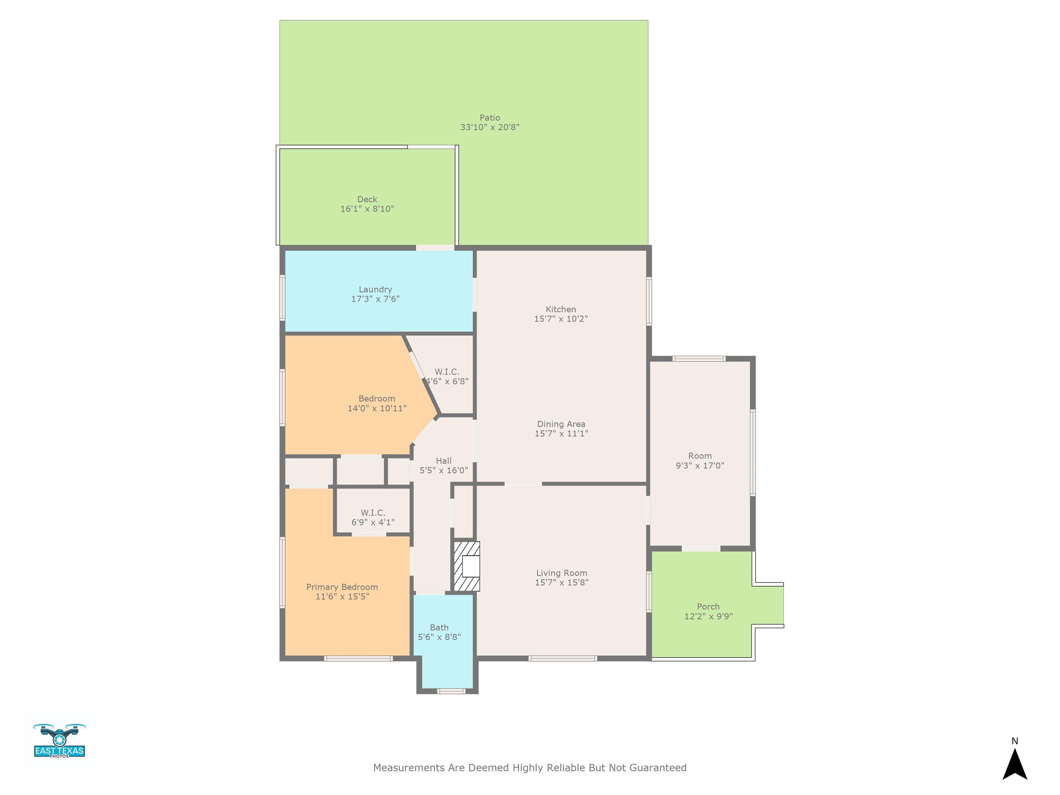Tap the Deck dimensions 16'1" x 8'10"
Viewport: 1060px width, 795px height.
click(x=367, y=209)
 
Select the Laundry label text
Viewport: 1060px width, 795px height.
click(x=375, y=289)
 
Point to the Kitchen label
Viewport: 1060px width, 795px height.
click(x=561, y=310)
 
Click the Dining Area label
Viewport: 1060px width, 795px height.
click(x=561, y=424)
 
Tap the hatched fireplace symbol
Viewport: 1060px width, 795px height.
click(x=466, y=566)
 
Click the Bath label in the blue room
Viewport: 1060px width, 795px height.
click(x=439, y=628)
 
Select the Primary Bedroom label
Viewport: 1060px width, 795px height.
click(x=342, y=587)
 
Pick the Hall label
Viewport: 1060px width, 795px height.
click(x=444, y=461)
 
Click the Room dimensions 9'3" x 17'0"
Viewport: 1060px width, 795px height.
click(x=700, y=466)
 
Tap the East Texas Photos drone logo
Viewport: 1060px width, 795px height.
click(x=59, y=741)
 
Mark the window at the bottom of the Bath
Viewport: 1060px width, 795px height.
click(x=451, y=691)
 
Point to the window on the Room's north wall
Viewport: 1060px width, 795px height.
click(x=699, y=359)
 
